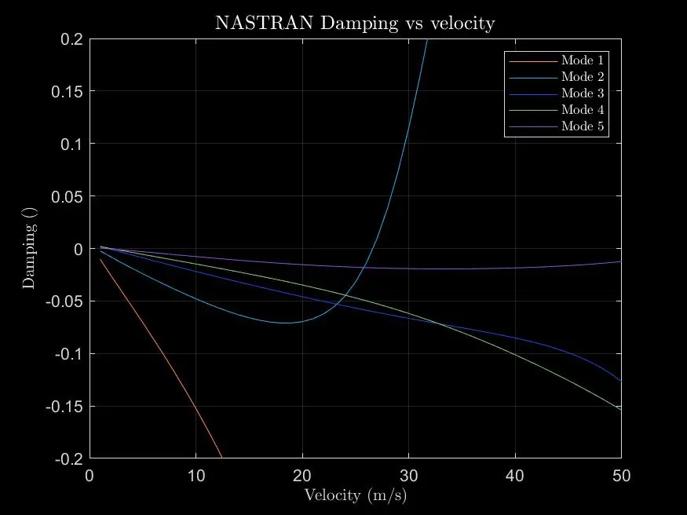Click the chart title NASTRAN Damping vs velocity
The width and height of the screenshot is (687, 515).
click(355, 23)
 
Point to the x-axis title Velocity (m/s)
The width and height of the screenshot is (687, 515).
click(355, 495)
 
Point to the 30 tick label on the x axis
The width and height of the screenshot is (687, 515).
click(408, 476)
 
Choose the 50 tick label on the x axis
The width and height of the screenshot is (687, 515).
click(620, 476)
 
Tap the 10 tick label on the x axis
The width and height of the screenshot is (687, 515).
click(196, 476)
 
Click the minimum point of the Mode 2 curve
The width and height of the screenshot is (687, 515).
click(286, 323)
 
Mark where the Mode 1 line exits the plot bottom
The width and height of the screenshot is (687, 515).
click(222, 458)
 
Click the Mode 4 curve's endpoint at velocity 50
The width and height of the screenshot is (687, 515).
click(620, 409)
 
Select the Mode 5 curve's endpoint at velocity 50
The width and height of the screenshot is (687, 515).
click(620, 261)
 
